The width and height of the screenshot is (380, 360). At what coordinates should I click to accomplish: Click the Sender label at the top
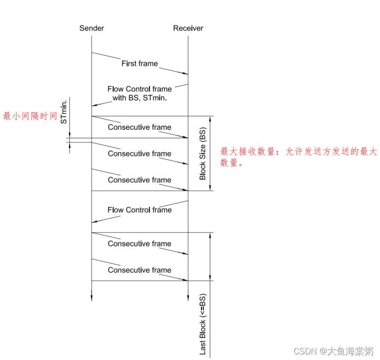[x=92, y=28]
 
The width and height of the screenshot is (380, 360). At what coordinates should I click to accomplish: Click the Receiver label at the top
[x=188, y=28]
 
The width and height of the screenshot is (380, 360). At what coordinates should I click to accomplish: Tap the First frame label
[x=139, y=63]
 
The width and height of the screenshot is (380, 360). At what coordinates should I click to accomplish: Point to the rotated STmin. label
[x=64, y=111]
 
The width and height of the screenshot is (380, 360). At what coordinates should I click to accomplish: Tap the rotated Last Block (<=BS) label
[x=203, y=324]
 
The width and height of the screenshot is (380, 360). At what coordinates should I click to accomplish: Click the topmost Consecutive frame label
[x=139, y=127]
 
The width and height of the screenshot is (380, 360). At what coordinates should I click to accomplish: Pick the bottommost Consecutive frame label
[x=139, y=270]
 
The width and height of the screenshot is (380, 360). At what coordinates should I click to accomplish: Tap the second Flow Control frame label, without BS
[x=139, y=210]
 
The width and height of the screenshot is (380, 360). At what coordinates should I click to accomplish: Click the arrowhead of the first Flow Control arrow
[x=95, y=106]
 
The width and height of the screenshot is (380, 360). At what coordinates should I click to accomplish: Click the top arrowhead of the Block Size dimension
[x=211, y=119]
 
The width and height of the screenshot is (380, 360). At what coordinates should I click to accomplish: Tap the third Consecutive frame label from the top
[x=139, y=180]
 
